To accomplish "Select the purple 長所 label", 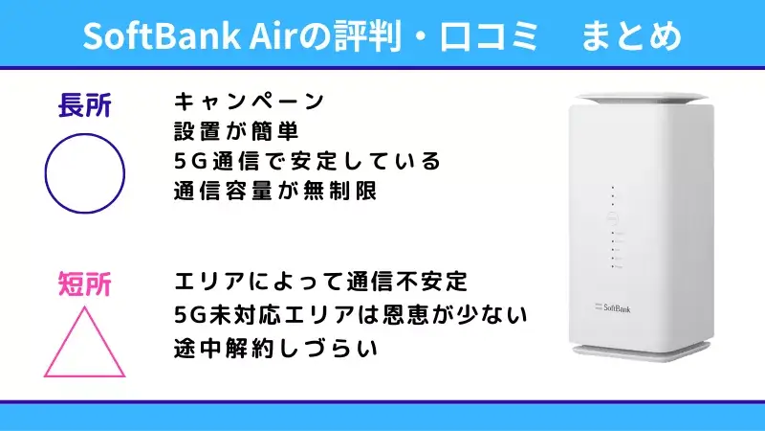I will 84,106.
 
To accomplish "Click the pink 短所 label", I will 84,284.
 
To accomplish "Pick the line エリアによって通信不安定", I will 320,284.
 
